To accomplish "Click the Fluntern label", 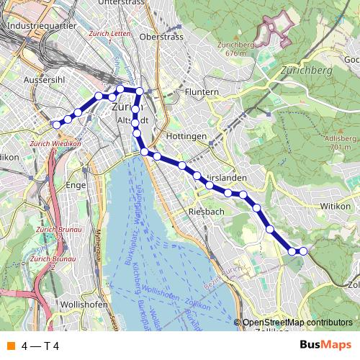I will click(x=201, y=92).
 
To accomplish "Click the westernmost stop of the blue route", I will click(x=57, y=125).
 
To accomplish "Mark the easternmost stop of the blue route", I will click(x=303, y=251).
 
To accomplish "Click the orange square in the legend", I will click(x=10, y=346).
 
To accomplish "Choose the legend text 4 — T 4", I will click(x=40, y=346).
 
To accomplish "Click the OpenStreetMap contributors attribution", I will click(x=297, y=323).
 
